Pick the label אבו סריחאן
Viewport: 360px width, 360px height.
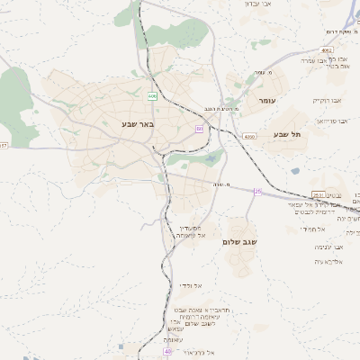(330, 121)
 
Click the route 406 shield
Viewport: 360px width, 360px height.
(152, 95)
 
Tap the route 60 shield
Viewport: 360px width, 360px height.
(199, 129)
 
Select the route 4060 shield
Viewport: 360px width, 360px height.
(249, 136)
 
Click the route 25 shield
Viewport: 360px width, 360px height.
(257, 191)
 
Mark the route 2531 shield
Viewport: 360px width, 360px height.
(317, 194)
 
